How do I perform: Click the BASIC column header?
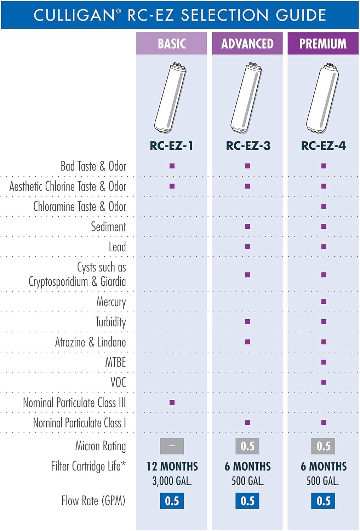click(x=172, y=44)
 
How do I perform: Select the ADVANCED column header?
click(x=247, y=44)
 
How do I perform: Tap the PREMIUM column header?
click(x=323, y=44)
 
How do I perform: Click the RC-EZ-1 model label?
click(x=172, y=145)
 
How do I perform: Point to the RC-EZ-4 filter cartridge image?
click(x=323, y=98)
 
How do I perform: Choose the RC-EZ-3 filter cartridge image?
click(x=247, y=98)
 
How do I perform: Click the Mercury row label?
click(x=111, y=302)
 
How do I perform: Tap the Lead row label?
click(x=117, y=247)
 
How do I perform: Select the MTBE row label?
click(x=115, y=362)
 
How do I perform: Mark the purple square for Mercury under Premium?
click(x=324, y=302)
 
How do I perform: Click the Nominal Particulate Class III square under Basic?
click(x=172, y=402)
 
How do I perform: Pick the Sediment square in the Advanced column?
click(x=248, y=227)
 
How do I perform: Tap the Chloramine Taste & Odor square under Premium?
click(x=324, y=206)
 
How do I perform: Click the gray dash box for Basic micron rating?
click(x=172, y=446)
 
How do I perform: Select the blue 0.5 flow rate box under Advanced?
click(x=247, y=501)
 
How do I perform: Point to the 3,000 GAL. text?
click(x=172, y=481)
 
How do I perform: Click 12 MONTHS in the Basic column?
click(x=172, y=466)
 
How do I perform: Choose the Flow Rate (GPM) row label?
click(x=93, y=501)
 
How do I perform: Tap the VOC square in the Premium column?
click(x=324, y=382)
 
